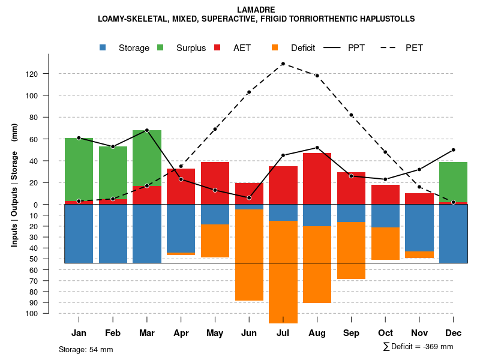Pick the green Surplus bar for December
pyautogui.click(x=453, y=182)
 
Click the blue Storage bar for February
pyautogui.click(x=113, y=233)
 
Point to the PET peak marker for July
pyautogui.click(x=283, y=64)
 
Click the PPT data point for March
pyautogui.click(x=147, y=130)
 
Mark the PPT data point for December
pyautogui.click(x=453, y=150)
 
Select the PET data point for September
pyautogui.click(x=351, y=115)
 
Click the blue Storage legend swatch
pyautogui.click(x=103, y=47)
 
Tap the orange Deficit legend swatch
pyautogui.click(x=275, y=47)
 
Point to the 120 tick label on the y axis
pyautogui.click(x=48, y=74)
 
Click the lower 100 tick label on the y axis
pyautogui.click(x=48, y=313)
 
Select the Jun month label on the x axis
pyautogui.click(x=249, y=333)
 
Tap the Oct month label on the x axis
pyautogui.click(x=385, y=333)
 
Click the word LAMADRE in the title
pyautogui.click(x=256, y=10)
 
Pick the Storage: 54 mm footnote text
pyautogui.click(x=86, y=349)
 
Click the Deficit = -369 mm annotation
pyautogui.click(x=418, y=347)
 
